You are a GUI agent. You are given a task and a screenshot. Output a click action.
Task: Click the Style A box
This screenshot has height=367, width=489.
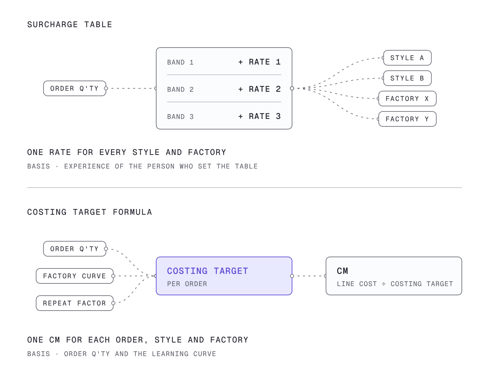pyautogui.click(x=407, y=58)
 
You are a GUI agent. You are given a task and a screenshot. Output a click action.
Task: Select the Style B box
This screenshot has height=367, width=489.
pyautogui.click(x=407, y=78)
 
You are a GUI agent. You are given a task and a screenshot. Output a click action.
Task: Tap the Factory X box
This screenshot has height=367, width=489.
pyautogui.click(x=407, y=99)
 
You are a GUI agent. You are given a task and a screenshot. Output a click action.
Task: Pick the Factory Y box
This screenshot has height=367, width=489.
pyautogui.click(x=407, y=119)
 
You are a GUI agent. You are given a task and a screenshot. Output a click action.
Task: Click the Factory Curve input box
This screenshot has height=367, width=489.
pyautogui.click(x=75, y=276)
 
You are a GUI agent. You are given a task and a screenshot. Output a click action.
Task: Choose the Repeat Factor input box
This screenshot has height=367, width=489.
pyautogui.click(x=75, y=303)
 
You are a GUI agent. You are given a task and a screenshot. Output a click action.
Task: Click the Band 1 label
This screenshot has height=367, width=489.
pyautogui.click(x=180, y=63)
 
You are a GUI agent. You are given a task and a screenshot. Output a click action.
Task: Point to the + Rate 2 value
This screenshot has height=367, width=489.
pyautogui.click(x=259, y=89)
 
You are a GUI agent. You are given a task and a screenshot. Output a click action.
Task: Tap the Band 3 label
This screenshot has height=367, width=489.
pyautogui.click(x=180, y=117)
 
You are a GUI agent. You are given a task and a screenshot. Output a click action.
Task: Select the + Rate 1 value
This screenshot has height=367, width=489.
pyautogui.click(x=259, y=62)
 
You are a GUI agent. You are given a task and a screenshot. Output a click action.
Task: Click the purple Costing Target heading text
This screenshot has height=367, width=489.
pyautogui.click(x=207, y=271)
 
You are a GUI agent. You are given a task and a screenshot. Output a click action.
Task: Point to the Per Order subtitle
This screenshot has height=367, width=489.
pyautogui.click(x=187, y=284)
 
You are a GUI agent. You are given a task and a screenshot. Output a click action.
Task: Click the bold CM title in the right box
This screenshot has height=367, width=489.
pyautogui.click(x=342, y=271)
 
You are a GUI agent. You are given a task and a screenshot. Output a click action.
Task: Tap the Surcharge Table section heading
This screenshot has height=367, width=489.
pyautogui.click(x=70, y=24)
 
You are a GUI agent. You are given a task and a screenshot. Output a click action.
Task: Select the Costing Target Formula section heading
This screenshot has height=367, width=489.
pyautogui.click(x=90, y=212)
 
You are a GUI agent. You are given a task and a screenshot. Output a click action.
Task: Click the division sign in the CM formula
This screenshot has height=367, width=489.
pyautogui.click(x=384, y=284)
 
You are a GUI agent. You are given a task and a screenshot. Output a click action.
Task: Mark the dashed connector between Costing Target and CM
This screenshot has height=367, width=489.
pyautogui.click(x=309, y=276)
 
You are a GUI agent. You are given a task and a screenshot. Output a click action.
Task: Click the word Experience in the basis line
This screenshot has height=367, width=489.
pyautogui.click(x=87, y=167)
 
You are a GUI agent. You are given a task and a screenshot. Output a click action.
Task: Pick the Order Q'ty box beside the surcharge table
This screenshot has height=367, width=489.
pyautogui.click(x=75, y=88)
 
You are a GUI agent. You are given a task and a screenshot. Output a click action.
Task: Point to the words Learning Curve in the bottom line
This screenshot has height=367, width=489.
pyautogui.click(x=184, y=354)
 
